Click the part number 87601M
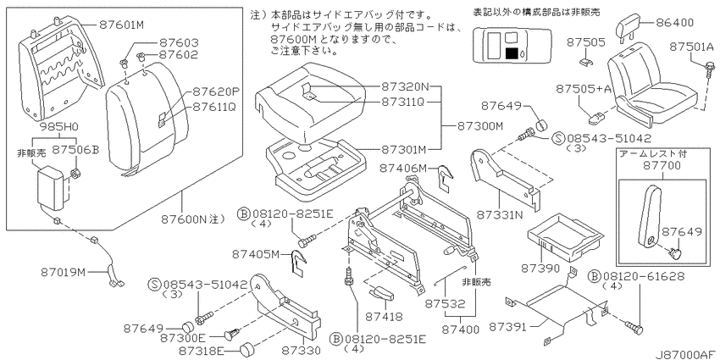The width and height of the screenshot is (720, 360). tap(121, 25)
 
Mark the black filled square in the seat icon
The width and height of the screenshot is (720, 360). tap(511, 53)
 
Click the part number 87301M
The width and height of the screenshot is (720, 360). tap(403, 149)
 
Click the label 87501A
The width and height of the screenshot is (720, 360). tap(691, 47)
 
